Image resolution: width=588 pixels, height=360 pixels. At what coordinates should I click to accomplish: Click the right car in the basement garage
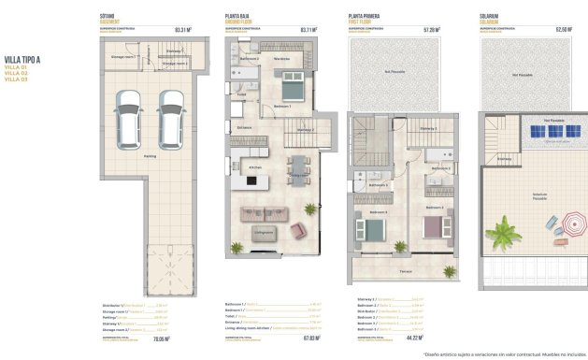pyautogui.click(x=168, y=119)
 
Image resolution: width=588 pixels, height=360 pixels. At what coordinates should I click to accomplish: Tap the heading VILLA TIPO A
pyautogui.click(x=23, y=60)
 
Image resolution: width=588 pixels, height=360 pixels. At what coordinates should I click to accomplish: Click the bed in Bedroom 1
pyautogui.click(x=288, y=89)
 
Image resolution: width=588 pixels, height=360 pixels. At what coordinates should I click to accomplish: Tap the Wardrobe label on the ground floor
pyautogui.click(x=281, y=59)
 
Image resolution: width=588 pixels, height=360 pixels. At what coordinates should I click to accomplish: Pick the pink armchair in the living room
pyautogui.click(x=298, y=230)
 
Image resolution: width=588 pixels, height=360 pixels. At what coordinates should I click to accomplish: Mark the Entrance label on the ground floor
pyautogui.click(x=244, y=128)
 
